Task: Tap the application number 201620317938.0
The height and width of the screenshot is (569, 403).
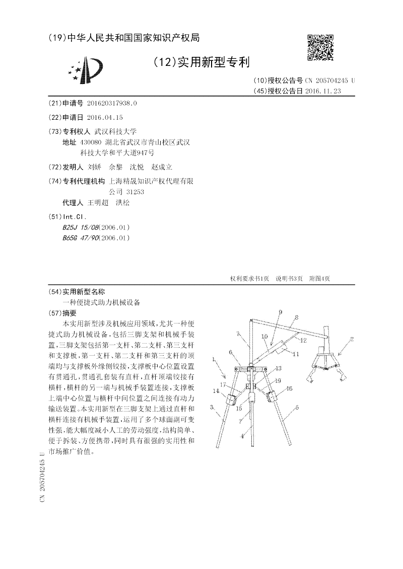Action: [112, 103]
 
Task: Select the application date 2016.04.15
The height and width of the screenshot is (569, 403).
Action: [105, 117]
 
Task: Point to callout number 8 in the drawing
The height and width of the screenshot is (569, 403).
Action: [297, 317]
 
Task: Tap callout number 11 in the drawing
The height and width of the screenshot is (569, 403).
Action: [296, 354]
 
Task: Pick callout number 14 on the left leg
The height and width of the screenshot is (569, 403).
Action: [216, 390]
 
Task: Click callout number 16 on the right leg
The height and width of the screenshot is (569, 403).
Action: [289, 388]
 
